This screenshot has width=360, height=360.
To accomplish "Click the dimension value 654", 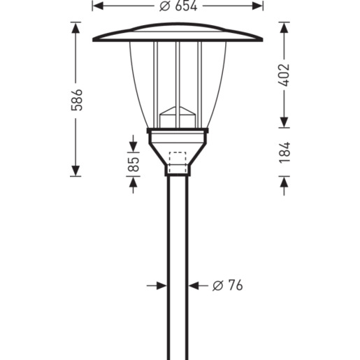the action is (186, 6).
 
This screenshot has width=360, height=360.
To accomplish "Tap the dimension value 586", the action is (77, 100).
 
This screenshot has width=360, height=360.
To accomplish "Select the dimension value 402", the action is (285, 75).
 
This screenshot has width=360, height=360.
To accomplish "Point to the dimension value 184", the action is (285, 152).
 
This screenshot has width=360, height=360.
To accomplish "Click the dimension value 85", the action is (134, 164).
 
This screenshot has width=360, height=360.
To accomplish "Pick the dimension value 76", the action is (236, 285).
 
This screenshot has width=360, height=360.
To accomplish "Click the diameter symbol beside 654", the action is (165, 6).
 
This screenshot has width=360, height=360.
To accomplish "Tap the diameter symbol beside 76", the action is (218, 285).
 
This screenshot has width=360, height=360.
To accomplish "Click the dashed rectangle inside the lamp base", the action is (178, 162).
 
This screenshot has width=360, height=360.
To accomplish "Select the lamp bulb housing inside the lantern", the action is (178, 117).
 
